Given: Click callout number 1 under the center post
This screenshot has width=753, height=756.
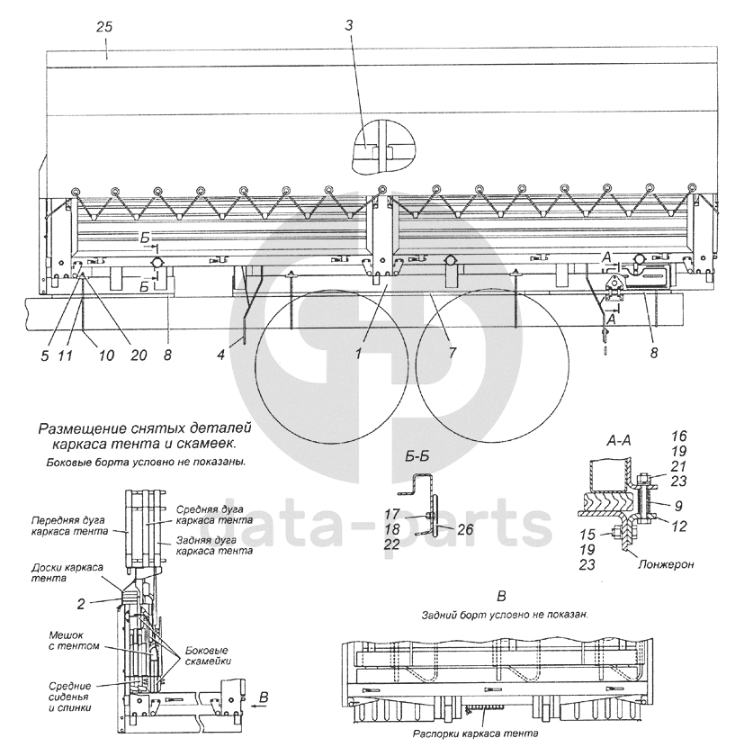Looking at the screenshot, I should coord(357,353).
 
